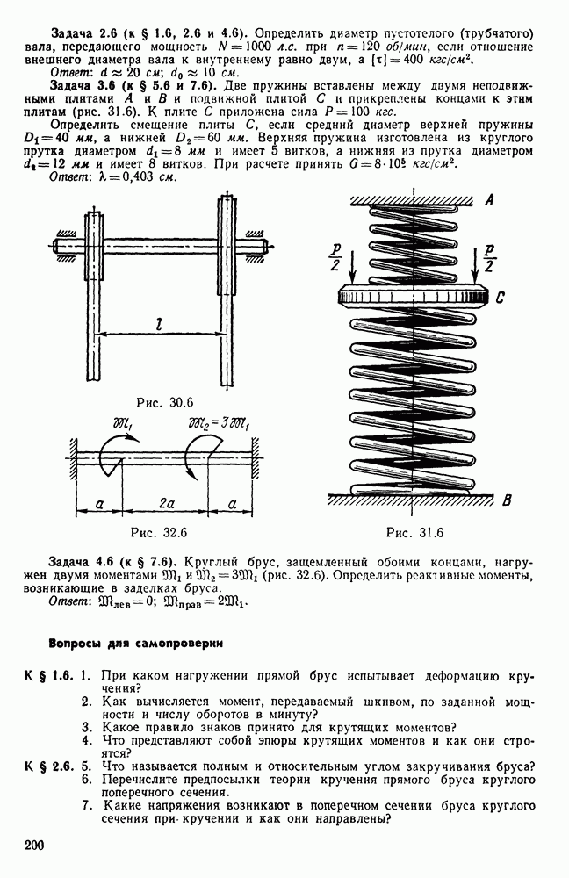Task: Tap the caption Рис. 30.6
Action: coord(164,403)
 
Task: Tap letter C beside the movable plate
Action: coord(499,298)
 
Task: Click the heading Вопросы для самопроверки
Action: coord(135,642)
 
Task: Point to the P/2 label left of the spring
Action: coord(336,254)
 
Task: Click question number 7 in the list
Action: coord(86,804)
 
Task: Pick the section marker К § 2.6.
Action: coord(49,765)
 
